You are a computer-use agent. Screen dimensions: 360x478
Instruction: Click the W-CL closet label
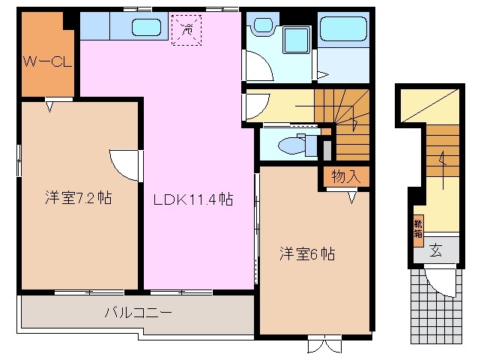coord(46,61)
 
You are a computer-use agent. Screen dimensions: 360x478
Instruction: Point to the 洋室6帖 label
coord(307,253)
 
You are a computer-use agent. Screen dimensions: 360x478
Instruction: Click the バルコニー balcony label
coord(138,313)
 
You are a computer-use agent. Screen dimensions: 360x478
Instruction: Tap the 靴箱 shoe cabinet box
coord(417,228)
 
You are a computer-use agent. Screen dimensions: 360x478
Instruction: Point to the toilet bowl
coord(288,145)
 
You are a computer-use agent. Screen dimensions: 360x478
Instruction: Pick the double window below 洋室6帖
coord(324,346)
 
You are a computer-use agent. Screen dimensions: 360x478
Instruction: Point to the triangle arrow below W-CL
coord(49,106)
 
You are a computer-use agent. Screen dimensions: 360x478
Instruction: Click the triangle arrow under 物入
coord(351,198)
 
